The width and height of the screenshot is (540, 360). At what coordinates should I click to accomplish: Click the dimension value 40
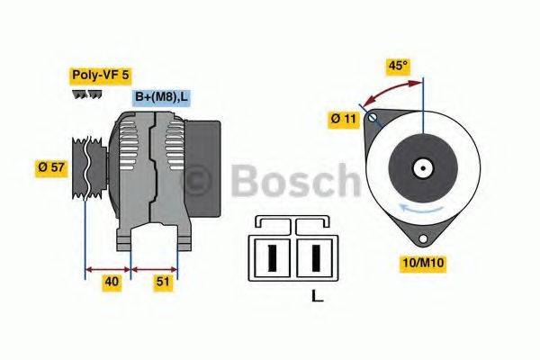tap(112, 283)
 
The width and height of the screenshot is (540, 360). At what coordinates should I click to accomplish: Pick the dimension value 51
tap(163, 283)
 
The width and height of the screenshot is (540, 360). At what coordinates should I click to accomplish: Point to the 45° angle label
tap(398, 66)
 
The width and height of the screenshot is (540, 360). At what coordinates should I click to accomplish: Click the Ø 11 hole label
tap(344, 118)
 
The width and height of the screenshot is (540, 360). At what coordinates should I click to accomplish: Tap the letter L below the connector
tap(316, 295)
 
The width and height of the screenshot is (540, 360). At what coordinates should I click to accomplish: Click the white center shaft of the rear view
tap(422, 167)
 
